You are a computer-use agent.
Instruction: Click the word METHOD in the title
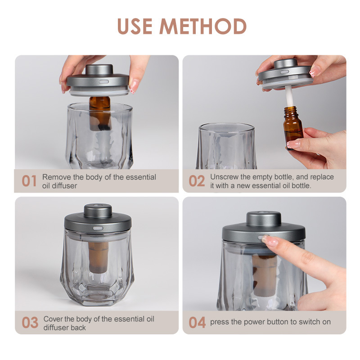(x=203, y=26)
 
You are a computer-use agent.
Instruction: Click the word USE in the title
(x=135, y=26)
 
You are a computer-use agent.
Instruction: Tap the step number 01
(x=29, y=181)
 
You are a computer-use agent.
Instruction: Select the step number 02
(x=197, y=181)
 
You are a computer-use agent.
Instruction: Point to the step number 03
(x=30, y=323)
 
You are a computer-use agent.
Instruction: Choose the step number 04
(x=197, y=323)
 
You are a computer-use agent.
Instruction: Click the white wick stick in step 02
(x=289, y=96)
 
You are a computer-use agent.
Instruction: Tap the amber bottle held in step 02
(x=293, y=127)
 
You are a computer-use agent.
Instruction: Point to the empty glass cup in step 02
(x=227, y=146)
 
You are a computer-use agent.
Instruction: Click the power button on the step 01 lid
(x=104, y=81)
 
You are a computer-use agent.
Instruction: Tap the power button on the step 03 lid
(x=98, y=228)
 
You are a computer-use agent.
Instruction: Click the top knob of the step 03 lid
(x=98, y=211)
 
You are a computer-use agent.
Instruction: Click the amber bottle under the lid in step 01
(x=100, y=113)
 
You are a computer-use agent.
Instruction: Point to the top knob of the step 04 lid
(x=264, y=218)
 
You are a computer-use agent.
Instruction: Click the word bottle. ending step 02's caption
(x=301, y=185)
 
